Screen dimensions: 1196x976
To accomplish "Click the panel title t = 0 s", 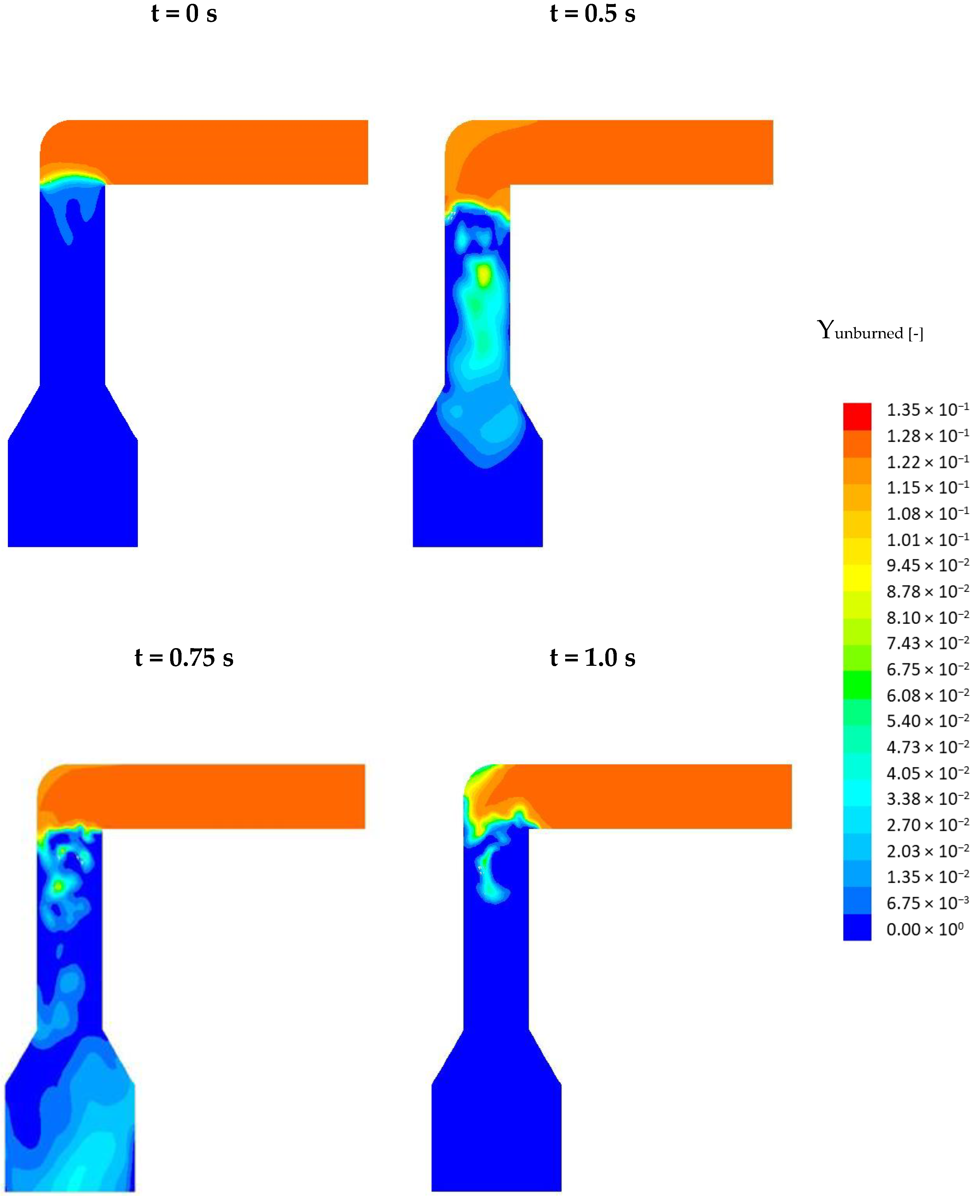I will coord(184,14).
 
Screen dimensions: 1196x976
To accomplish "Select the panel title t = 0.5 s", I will coord(593,14).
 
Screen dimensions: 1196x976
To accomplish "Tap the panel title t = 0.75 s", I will coord(184,658).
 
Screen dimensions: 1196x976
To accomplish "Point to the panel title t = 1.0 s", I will coord(593,658).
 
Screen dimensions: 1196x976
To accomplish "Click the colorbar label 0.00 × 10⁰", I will coord(925,929).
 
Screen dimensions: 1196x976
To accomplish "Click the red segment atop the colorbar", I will coord(857,416).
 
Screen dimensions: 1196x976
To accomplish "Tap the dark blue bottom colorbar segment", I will coord(857,927).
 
